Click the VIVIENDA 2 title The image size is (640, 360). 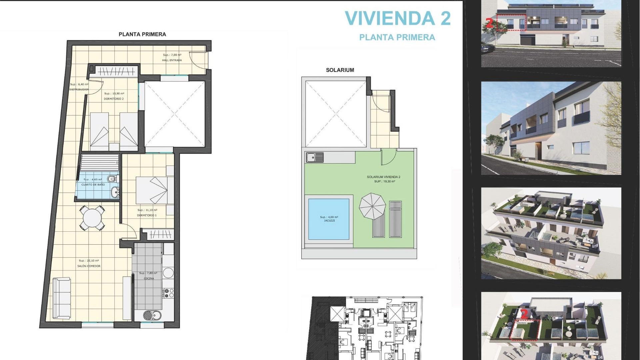pos(397,18)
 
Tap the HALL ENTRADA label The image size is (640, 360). pos(172,60)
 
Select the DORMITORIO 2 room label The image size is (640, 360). pos(114,99)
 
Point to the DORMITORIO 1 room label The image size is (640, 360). pos(147,215)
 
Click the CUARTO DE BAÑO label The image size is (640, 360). pos(93,184)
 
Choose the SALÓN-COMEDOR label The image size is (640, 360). pos(89,266)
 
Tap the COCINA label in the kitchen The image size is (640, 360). pos(149,278)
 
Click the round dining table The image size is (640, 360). pos(92,218)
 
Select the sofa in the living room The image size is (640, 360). pos(61,298)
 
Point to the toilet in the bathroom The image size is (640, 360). pos(113,179)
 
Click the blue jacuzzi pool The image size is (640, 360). pos(329,219)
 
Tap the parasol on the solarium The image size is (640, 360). pos(372,206)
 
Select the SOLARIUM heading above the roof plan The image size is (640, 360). pos(340,70)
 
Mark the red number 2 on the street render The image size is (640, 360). pos(489,23)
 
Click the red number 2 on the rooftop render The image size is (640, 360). pos(524,314)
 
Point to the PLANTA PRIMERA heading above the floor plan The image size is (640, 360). pos(142,34)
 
